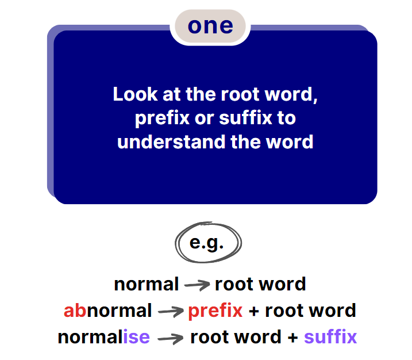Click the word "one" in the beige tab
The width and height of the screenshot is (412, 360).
210,26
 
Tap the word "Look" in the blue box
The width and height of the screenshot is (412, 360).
135,94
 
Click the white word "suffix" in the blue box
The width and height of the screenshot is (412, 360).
245,118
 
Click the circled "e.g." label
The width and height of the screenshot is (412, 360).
206,243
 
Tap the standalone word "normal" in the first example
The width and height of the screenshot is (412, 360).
147,284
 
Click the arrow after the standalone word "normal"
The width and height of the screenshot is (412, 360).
197,285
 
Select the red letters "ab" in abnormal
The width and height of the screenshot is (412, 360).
75,311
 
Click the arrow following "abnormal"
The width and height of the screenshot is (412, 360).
171,312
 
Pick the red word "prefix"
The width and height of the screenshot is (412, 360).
215,312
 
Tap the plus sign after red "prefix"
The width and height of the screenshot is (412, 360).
254,312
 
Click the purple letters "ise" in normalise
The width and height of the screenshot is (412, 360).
136,337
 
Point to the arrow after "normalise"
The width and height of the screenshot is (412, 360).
170,338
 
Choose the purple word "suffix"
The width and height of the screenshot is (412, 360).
330,336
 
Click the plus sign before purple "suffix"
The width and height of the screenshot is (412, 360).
292,338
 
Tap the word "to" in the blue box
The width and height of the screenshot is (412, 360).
286,118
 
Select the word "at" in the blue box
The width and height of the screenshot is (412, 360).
172,95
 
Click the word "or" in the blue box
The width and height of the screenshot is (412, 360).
204,119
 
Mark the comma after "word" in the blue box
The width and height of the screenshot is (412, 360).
315,99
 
